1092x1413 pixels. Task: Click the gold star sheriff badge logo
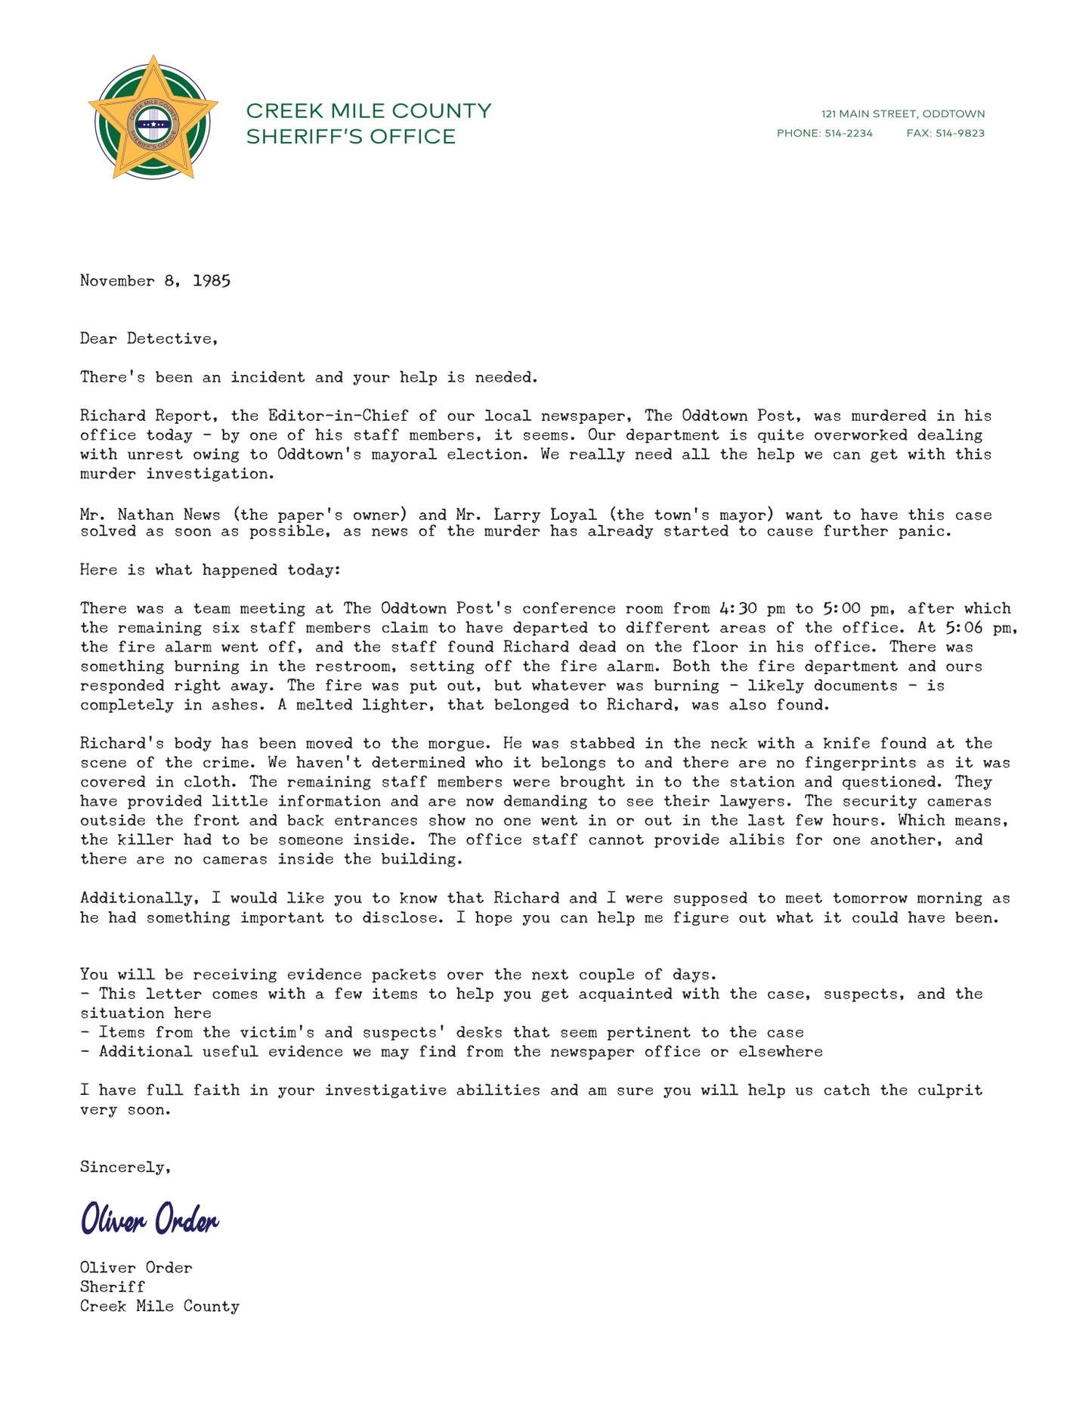coord(153,118)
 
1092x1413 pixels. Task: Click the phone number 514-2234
coord(847,134)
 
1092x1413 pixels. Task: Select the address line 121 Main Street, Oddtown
coord(903,114)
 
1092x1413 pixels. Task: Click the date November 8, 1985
coord(155,281)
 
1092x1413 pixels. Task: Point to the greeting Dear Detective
coord(148,339)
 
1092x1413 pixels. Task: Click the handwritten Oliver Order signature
coord(150,1219)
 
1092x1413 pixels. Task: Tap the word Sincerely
coord(125,1167)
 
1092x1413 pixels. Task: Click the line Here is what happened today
coord(210,570)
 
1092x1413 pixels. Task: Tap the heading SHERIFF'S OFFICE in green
coord(351,138)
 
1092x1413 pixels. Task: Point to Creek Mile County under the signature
coord(159,1306)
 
